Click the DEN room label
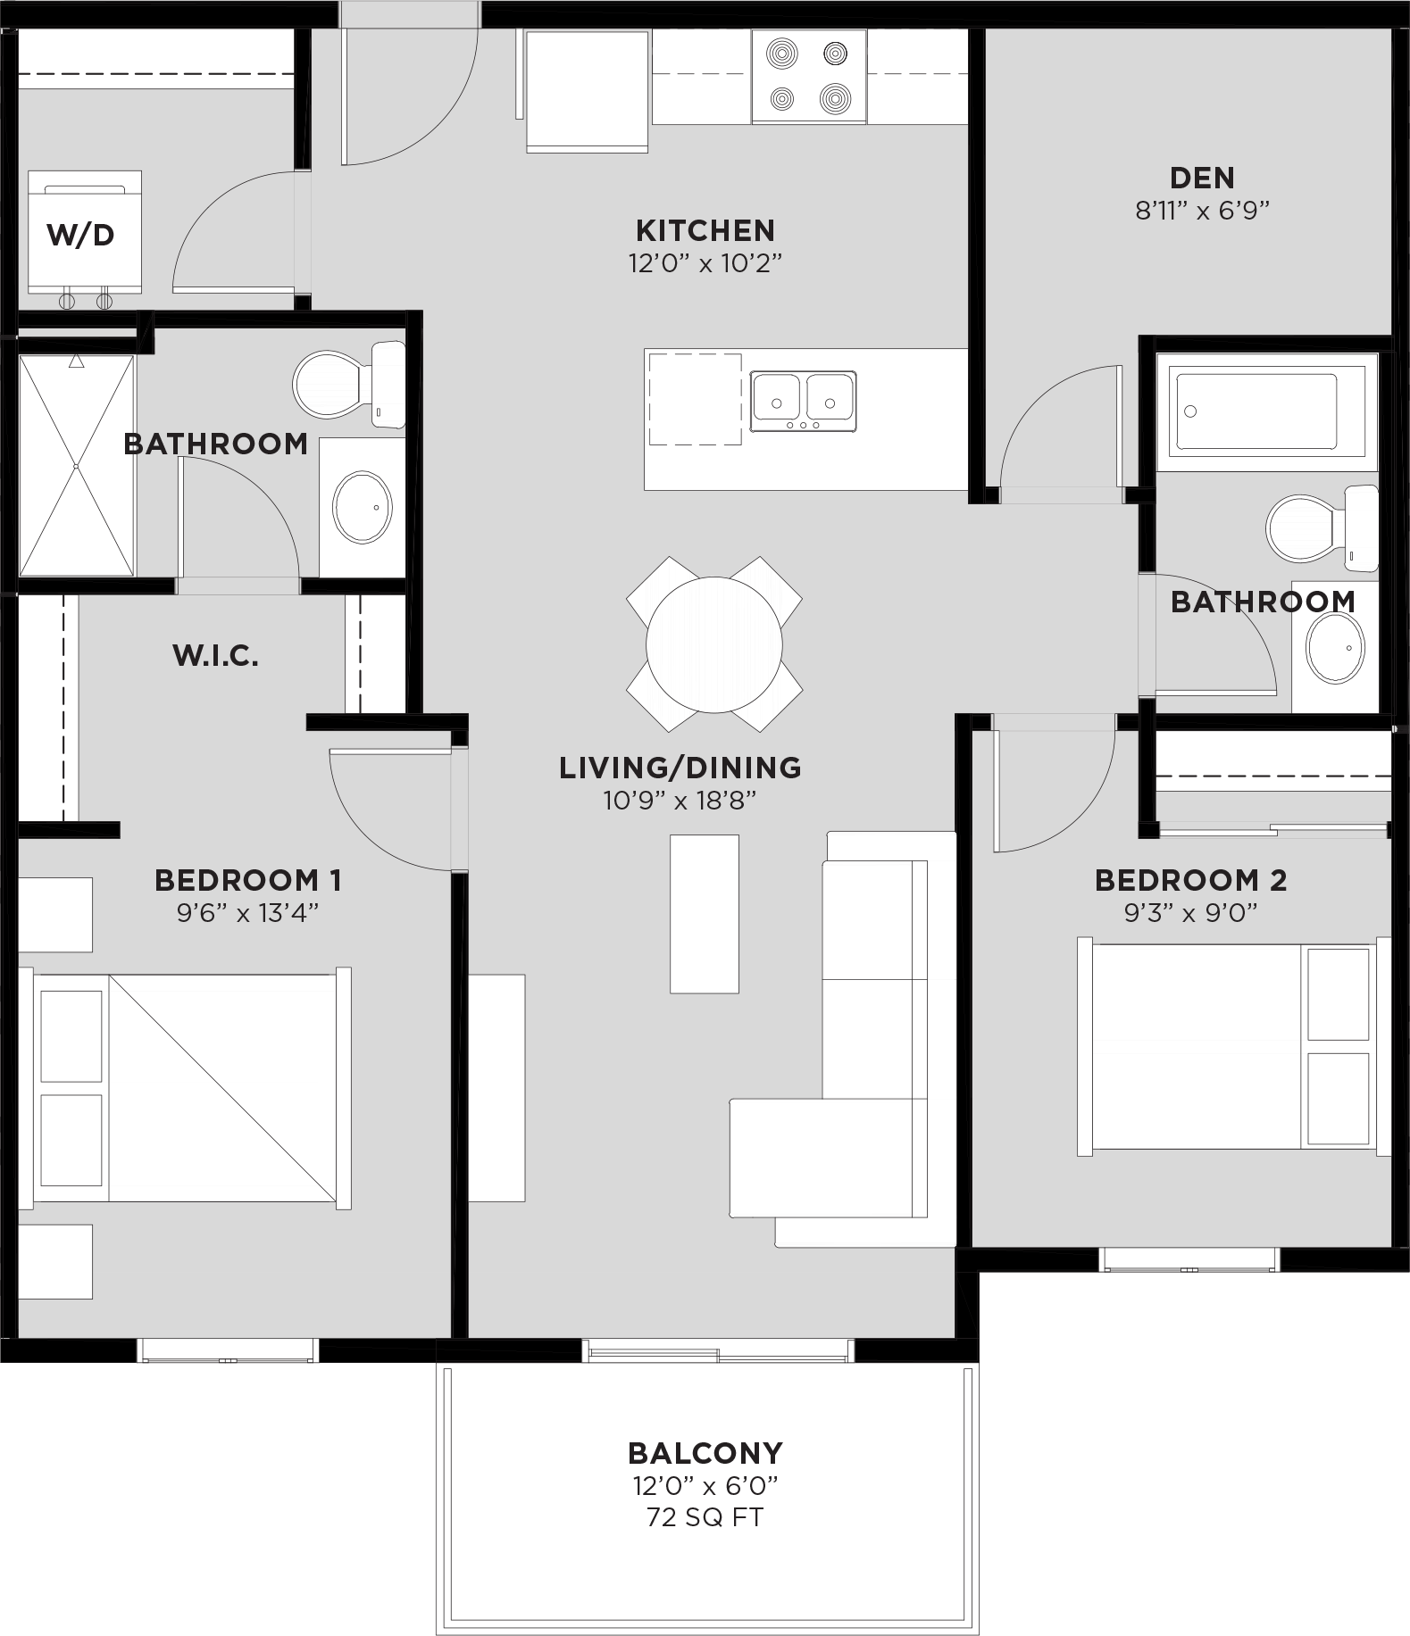click(x=1201, y=178)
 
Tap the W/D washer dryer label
click(x=80, y=236)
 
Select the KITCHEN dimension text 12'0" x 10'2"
click(x=705, y=263)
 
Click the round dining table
click(x=713, y=644)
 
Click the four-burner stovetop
click(x=808, y=76)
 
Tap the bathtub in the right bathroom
click(x=1260, y=411)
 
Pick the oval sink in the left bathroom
click(x=362, y=506)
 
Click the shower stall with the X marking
click(x=77, y=465)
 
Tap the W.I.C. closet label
click(x=215, y=656)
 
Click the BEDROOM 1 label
click(x=247, y=880)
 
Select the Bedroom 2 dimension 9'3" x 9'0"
click(x=1190, y=912)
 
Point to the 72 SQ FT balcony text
click(x=705, y=1517)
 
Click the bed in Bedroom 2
click(x=1232, y=1046)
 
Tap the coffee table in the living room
click(x=705, y=913)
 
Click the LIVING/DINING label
click(x=680, y=768)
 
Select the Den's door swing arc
click(x=1040, y=406)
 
